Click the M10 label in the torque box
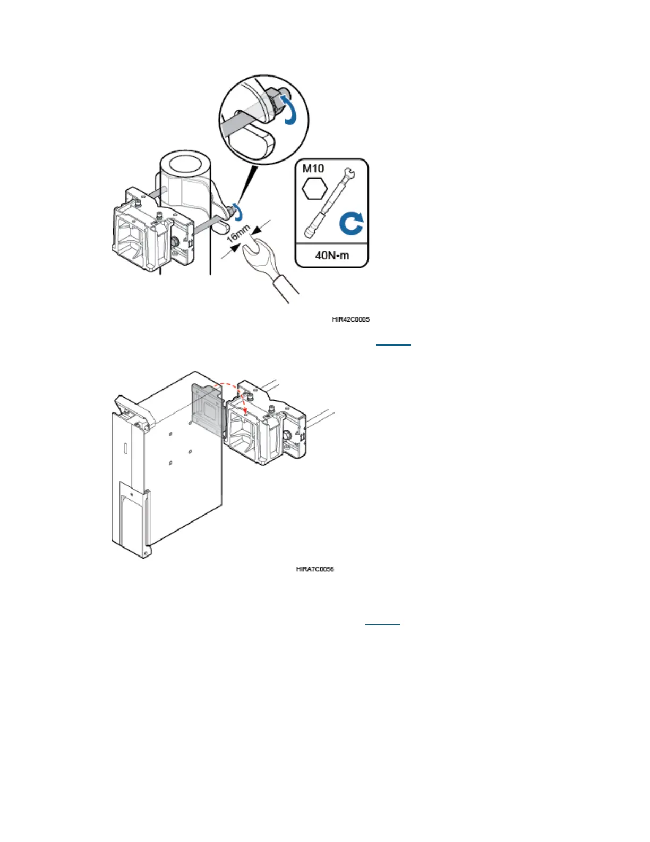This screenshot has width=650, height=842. [x=313, y=169]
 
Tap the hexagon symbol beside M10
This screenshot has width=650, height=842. [x=314, y=189]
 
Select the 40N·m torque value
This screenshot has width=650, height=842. [x=332, y=256]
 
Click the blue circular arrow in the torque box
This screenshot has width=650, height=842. [x=351, y=223]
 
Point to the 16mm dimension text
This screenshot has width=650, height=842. [x=239, y=233]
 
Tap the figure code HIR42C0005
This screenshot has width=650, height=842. [x=350, y=319]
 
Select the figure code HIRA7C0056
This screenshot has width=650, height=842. [x=315, y=569]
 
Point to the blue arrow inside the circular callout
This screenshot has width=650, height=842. [x=288, y=108]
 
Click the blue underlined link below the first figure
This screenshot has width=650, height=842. [x=394, y=344]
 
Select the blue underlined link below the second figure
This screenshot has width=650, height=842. [x=383, y=622]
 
